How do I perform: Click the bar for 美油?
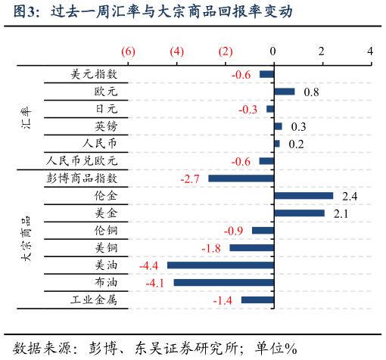click(x=220, y=265)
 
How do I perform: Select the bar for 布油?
click(x=223, y=283)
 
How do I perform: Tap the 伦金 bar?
click(x=303, y=196)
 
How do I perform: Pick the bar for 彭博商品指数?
click(x=241, y=178)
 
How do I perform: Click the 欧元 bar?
click(x=284, y=92)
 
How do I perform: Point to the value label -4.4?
click(x=148, y=265)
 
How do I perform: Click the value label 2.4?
click(x=350, y=197)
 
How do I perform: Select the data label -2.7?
click(x=190, y=179)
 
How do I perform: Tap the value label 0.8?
click(x=311, y=92)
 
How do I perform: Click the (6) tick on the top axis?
click(x=128, y=51)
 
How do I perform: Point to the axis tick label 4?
click(x=370, y=51)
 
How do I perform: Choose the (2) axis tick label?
click(x=226, y=51)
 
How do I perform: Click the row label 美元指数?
click(x=94, y=74)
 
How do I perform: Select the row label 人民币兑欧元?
click(x=82, y=161)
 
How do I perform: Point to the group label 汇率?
click(x=26, y=119)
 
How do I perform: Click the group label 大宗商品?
click(x=26, y=239)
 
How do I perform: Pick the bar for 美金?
click(x=299, y=213)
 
